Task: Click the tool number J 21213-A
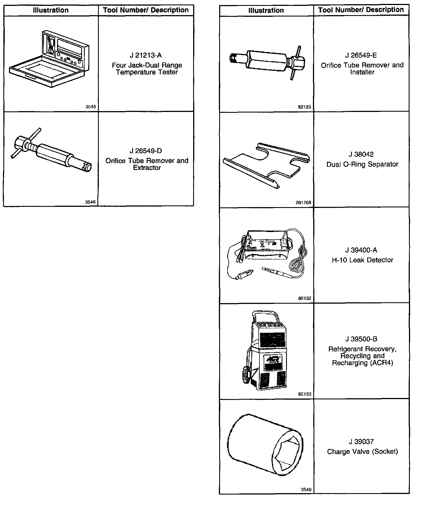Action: coord(146,55)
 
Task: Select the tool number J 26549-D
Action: coord(146,151)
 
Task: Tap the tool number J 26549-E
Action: coord(361,55)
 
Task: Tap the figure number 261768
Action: coord(303,202)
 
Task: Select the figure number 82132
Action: coord(305,298)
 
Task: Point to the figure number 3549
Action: coord(306,489)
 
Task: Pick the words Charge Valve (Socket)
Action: coord(362,451)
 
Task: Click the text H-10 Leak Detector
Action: coord(362,260)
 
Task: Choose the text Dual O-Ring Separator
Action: coord(362,164)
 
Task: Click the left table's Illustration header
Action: coord(51,10)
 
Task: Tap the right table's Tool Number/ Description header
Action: coord(361,10)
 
